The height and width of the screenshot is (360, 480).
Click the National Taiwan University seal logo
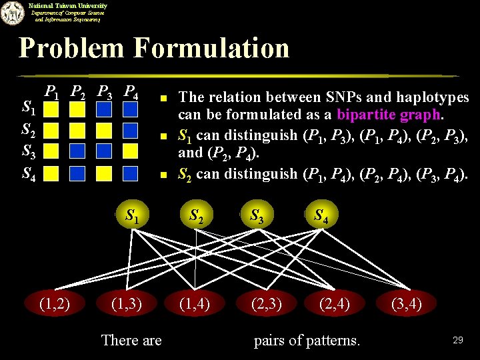pos(12,13)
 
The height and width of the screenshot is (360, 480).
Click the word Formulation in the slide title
pos(212,48)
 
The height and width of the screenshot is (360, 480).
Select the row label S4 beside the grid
pos(29,174)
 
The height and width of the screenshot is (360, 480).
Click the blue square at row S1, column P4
pos(131,108)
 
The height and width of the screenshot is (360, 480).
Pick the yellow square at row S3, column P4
pos(131,152)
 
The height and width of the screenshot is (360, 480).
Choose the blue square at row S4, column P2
pos(79,174)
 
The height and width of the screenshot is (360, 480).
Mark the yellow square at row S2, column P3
pos(105,130)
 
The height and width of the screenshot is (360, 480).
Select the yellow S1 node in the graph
pos(133,216)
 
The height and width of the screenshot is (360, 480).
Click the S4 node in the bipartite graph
pos(320,216)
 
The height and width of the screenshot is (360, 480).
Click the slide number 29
pos(457,340)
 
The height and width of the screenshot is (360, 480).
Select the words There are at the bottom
pos(131,341)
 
